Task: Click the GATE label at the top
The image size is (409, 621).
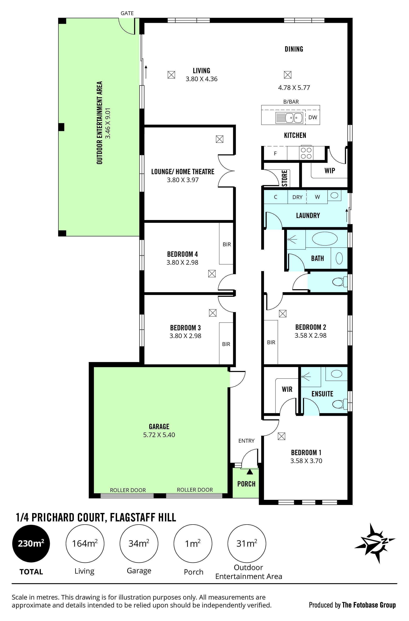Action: [127, 13]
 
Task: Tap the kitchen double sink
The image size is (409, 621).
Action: [294, 118]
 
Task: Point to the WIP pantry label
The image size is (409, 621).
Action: [330, 171]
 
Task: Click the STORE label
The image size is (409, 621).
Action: [285, 178]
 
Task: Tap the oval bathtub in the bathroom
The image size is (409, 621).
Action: [325, 238]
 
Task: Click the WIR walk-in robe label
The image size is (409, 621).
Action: [287, 389]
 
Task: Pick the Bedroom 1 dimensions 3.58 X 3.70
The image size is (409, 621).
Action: [306, 461]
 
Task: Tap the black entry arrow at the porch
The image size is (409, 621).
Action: [250, 471]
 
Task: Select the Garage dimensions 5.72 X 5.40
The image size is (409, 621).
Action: [159, 435]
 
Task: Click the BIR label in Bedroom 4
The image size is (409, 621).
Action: [227, 244]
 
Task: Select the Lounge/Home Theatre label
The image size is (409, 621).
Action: [183, 172]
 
